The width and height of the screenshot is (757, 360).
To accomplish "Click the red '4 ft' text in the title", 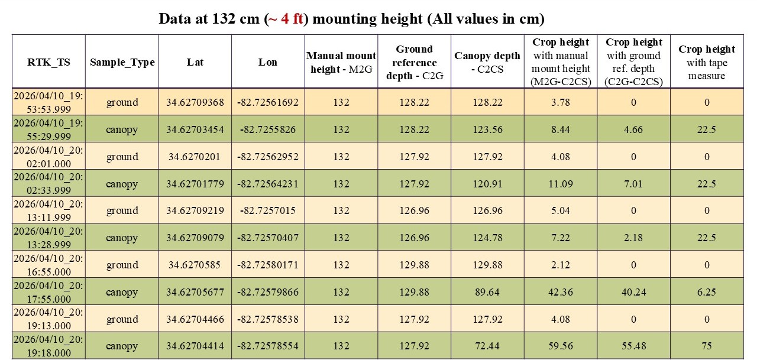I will (x=292, y=19).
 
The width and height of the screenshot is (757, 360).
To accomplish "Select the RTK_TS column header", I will (x=48, y=62).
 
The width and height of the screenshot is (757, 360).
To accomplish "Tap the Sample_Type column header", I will (x=122, y=62).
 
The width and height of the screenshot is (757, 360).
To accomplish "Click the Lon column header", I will (x=268, y=62).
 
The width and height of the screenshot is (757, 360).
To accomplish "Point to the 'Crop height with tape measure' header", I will (x=707, y=62).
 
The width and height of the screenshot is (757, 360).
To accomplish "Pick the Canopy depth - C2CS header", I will (x=487, y=62).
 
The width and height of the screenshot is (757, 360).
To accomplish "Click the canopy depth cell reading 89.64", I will (x=487, y=292).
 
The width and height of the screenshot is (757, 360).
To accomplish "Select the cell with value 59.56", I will (x=560, y=346).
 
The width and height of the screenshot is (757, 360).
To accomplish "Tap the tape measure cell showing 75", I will (x=707, y=346).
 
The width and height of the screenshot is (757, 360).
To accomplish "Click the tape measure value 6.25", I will (x=707, y=292).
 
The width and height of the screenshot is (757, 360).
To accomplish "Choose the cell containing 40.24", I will (x=633, y=292).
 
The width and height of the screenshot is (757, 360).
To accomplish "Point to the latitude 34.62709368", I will (x=195, y=102).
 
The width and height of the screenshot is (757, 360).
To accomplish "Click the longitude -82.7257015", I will (x=268, y=210).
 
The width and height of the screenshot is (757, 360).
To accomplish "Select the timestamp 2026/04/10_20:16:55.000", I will (x=48, y=265).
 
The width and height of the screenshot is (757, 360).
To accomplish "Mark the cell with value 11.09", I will (x=560, y=184).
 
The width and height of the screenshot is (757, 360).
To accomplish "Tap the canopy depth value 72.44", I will (x=487, y=346).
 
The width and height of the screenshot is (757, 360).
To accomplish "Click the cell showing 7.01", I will (x=633, y=184).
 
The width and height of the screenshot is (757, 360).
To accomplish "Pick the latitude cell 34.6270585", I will (x=195, y=265).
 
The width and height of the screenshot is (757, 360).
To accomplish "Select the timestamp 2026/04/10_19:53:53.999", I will (x=48, y=102).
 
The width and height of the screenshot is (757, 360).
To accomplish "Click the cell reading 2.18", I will (x=633, y=238).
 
